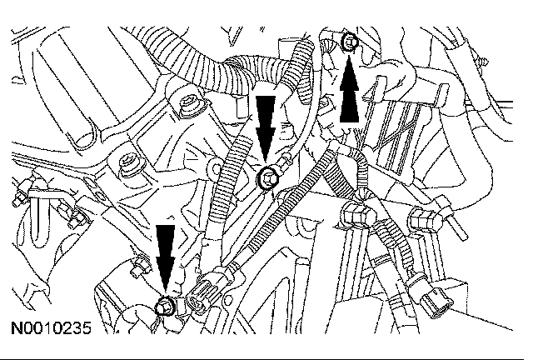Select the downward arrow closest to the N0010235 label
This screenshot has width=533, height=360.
[167, 255]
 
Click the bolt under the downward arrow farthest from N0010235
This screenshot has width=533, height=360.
[267, 177]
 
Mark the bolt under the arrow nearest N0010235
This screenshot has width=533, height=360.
[166, 307]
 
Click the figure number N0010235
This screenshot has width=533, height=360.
[51, 329]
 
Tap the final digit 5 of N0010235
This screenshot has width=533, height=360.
[86, 329]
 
